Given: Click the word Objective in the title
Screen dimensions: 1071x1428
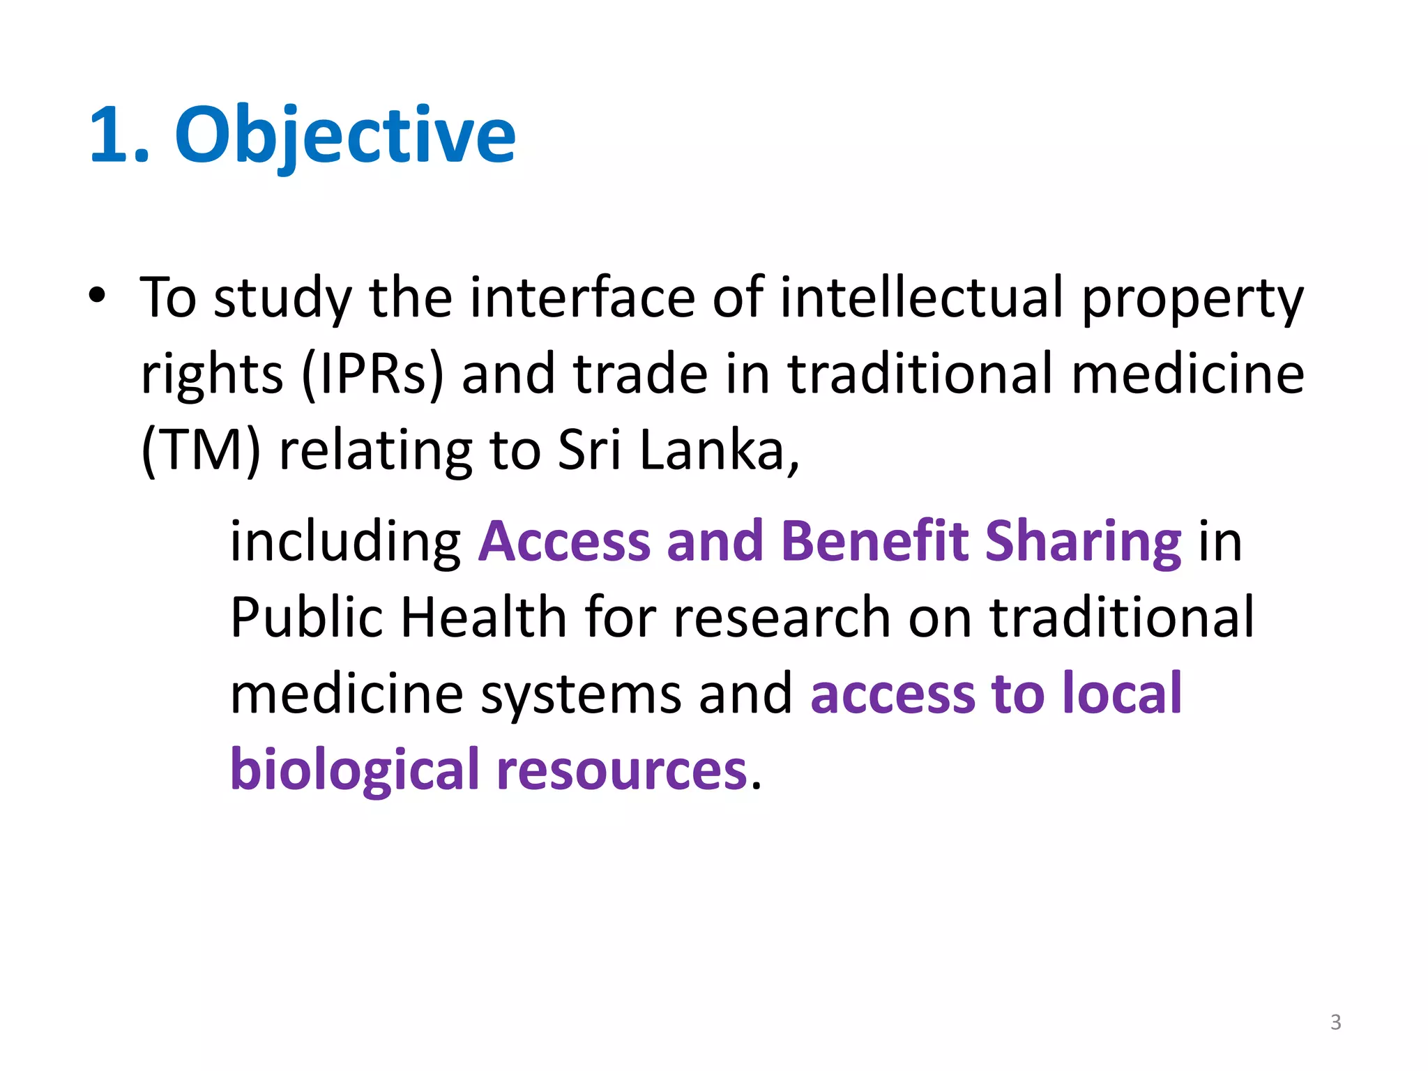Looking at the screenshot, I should coord(345,135).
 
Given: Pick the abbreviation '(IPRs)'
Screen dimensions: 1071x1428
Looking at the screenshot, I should coord(372,375).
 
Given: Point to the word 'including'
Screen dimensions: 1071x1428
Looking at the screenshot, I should coord(346,542).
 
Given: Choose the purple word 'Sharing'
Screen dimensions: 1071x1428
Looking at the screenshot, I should coord(1083,542).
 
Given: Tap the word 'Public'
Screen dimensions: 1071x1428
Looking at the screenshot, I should coord(306,618).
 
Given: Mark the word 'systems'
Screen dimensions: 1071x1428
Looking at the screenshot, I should coord(581,696).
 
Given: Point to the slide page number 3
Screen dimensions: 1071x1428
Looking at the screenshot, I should coord(1335,1022).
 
